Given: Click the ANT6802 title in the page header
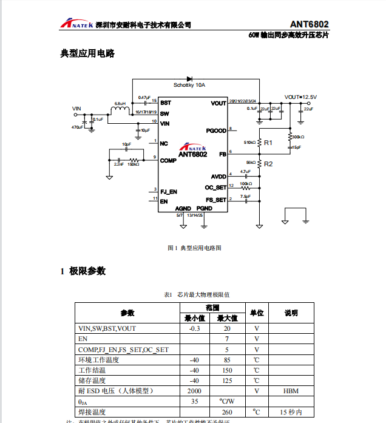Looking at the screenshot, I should pyautogui.click(x=309, y=24).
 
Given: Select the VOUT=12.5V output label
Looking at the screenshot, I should pyautogui.click(x=300, y=97).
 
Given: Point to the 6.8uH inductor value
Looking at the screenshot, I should pyautogui.click(x=120, y=104).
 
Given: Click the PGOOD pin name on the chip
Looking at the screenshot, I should pyautogui.click(x=216, y=130).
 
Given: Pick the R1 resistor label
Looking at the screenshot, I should pyautogui.click(x=268, y=142).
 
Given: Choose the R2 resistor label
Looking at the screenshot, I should pyautogui.click(x=268, y=164).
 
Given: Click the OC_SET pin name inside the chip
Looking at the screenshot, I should pyautogui.click(x=215, y=188).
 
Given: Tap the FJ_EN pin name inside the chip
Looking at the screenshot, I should pyautogui.click(x=169, y=191).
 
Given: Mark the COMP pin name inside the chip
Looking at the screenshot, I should pyautogui.click(x=168, y=161).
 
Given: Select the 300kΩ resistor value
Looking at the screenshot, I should pyautogui.click(x=298, y=137).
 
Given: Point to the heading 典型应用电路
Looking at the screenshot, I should pyautogui.click(x=87, y=54).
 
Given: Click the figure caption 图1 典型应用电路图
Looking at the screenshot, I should pyautogui.click(x=194, y=248).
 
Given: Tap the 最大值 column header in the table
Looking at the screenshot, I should pyautogui.click(x=227, y=318).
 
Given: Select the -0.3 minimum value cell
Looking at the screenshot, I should pyautogui.click(x=194, y=328).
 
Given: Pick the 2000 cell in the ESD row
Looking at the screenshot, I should pyautogui.click(x=194, y=391).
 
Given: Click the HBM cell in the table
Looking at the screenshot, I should pyautogui.click(x=291, y=391).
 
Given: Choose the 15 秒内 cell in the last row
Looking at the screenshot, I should pyautogui.click(x=291, y=412).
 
